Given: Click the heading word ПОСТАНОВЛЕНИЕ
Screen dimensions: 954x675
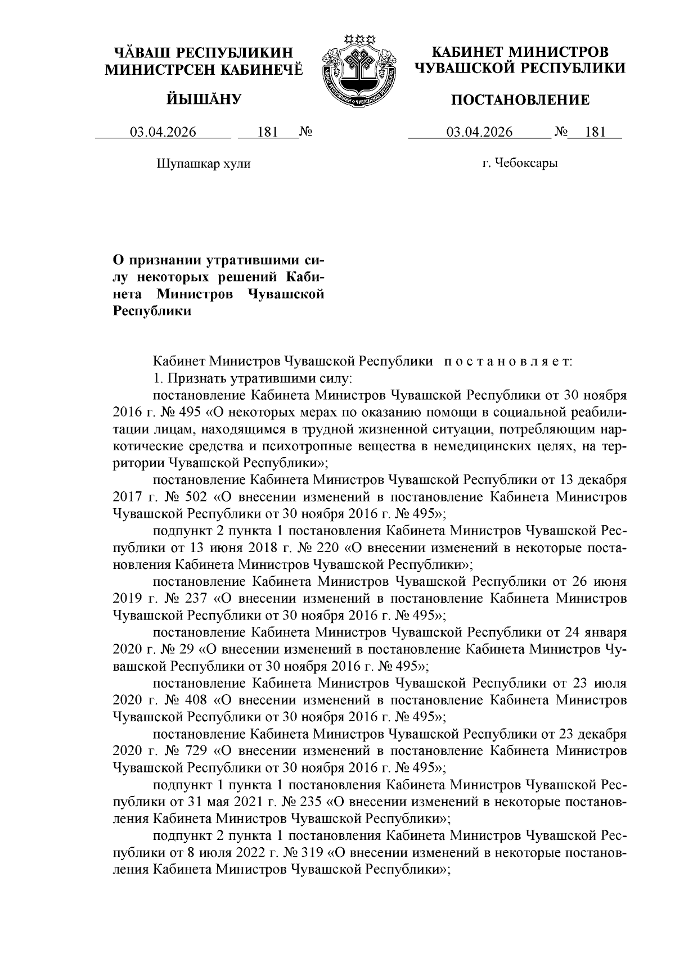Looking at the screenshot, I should (520, 101).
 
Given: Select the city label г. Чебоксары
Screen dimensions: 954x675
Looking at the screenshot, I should (520, 164).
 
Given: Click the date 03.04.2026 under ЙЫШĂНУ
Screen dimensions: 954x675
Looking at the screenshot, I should (163, 133).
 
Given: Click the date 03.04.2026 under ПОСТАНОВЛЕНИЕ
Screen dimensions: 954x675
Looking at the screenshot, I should (479, 133).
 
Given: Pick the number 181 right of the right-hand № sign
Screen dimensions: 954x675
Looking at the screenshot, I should (595, 133).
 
